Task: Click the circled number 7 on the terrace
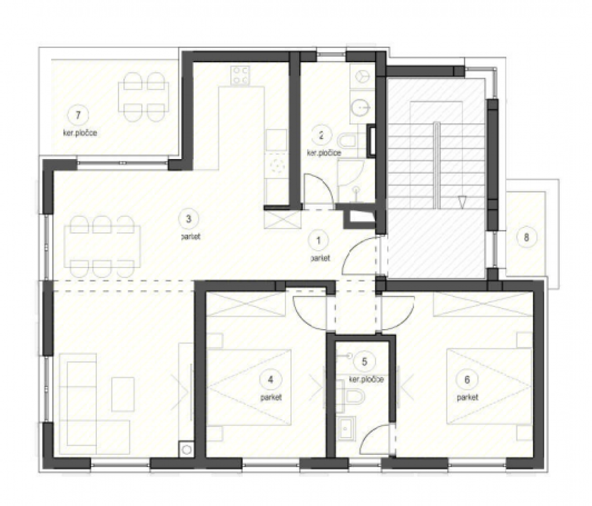tap(78, 115)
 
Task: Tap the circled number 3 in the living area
tap(189, 218)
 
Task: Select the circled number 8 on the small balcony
tap(526, 237)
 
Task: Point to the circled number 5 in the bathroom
tap(364, 362)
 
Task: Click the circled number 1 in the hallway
tap(319, 240)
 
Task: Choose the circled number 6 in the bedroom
tap(467, 380)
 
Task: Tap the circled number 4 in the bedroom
tap(270, 380)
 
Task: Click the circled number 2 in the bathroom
tap(321, 135)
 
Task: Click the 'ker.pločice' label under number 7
tap(80, 133)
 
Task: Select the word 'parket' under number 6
tap(467, 398)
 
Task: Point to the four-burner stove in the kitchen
tap(240, 75)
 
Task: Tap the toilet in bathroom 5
tap(351, 396)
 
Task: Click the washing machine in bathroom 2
tap(363, 76)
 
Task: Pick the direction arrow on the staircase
tap(462, 202)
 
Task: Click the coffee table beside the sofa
tap(123, 394)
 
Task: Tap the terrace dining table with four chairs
tap(144, 97)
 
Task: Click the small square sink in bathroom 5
tap(346, 428)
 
